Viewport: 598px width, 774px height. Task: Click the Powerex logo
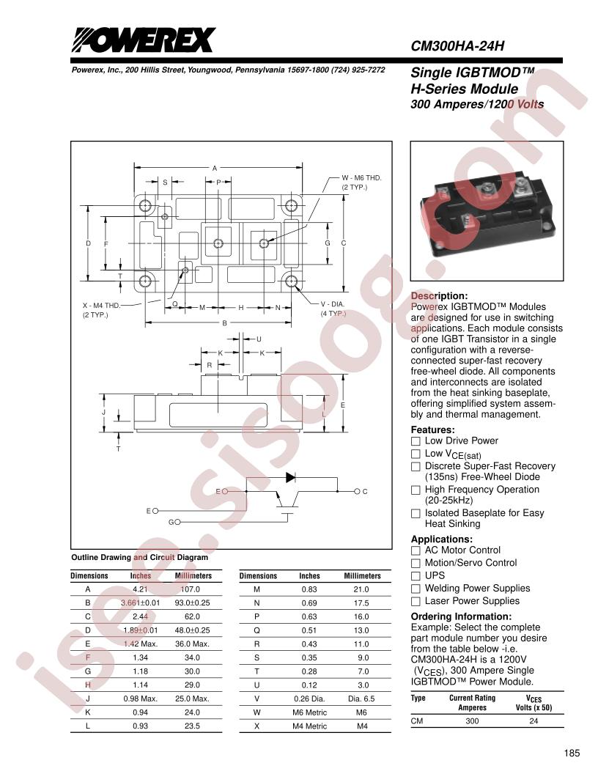[x=144, y=40]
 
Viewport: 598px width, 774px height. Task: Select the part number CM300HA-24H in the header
[x=457, y=46]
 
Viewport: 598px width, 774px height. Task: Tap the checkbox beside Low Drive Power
[x=416, y=441]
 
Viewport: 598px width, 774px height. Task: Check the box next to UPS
[x=416, y=576]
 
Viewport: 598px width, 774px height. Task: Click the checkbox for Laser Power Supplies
[x=416, y=601]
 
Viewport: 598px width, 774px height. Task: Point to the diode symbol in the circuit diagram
[x=290, y=477]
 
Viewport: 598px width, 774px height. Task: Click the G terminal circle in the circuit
[x=177, y=522]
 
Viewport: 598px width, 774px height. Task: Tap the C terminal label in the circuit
[x=365, y=492]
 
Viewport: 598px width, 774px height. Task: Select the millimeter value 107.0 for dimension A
[x=191, y=589]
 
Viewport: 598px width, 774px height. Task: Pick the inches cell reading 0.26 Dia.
[x=309, y=699]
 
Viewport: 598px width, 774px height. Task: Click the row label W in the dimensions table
[x=256, y=712]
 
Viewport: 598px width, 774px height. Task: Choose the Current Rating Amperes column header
[x=472, y=703]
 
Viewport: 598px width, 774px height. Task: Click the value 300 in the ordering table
[x=472, y=721]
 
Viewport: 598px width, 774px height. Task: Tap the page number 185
[x=572, y=753]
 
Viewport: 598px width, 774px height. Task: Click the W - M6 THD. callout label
[x=362, y=177]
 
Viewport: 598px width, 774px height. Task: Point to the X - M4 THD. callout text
[x=102, y=306]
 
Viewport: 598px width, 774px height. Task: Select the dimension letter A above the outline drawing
[x=215, y=169]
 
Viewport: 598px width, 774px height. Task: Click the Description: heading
[x=439, y=296]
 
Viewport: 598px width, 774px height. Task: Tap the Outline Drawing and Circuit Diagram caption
[x=140, y=557]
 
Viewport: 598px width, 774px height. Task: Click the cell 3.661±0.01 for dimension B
[x=141, y=603]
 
